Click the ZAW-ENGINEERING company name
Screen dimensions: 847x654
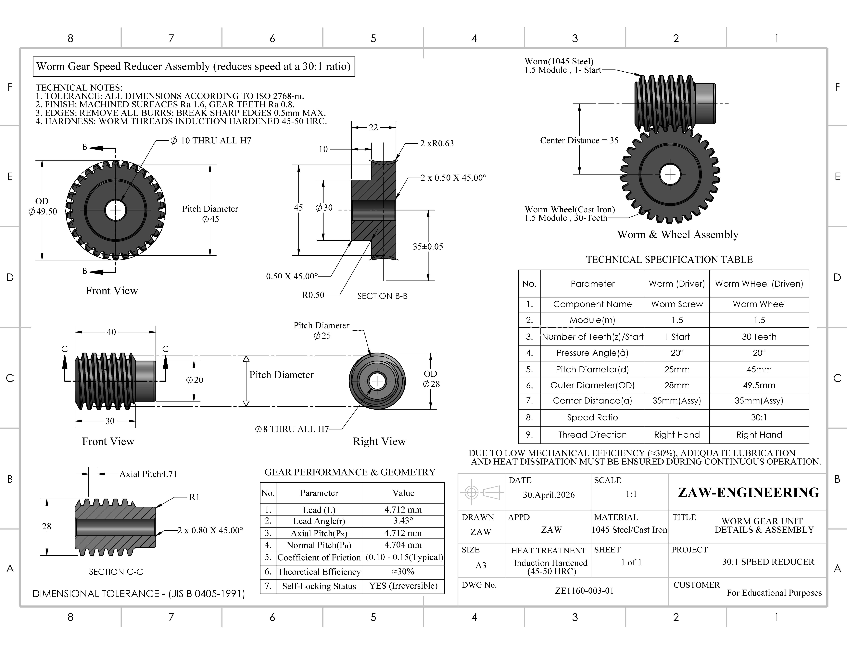[749, 492]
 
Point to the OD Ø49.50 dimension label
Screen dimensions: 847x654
[43, 206]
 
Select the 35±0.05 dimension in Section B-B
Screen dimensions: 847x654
[428, 247]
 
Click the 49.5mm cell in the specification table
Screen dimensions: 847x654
[759, 385]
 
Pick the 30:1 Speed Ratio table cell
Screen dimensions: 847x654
[759, 418]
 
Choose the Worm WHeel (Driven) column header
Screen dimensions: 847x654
[759, 284]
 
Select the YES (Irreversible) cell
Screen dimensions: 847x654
[403, 586]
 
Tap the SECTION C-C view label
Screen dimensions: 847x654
[116, 572]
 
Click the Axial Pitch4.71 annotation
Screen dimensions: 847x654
[148, 474]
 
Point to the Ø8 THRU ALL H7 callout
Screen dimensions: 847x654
[292, 429]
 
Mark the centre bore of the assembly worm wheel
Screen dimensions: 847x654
[670, 175]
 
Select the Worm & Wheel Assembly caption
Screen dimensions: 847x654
[678, 235]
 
